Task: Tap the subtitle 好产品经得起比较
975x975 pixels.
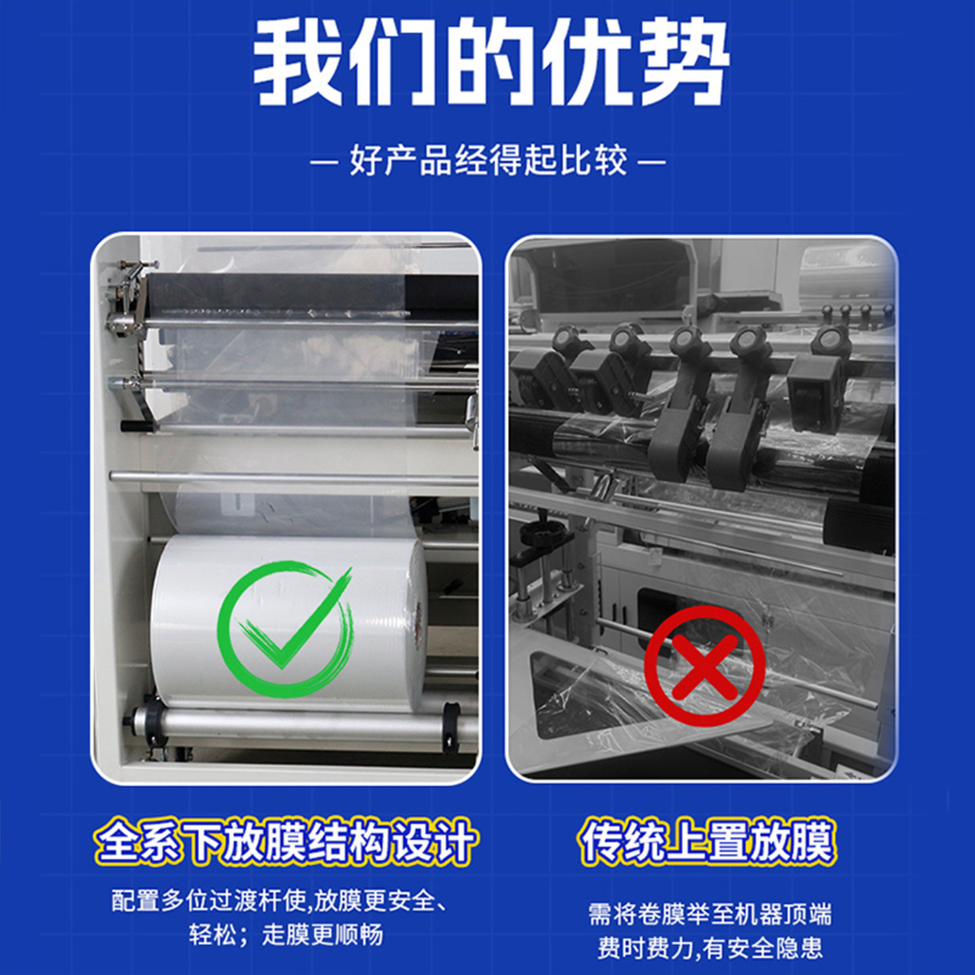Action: [488, 162]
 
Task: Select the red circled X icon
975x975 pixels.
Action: [704, 666]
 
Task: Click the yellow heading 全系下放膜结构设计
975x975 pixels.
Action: [286, 842]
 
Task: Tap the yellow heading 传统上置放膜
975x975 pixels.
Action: [708, 842]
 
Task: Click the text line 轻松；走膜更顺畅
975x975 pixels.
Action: [286, 934]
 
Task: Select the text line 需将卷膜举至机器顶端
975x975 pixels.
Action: [710, 914]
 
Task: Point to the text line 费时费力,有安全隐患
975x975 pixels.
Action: [710, 948]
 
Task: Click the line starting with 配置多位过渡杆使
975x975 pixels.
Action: [279, 901]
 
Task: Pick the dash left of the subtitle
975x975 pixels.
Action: [324, 162]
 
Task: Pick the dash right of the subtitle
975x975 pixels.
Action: [652, 162]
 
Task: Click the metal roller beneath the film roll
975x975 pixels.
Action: [298, 724]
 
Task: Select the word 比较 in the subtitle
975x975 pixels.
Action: [594, 162]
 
